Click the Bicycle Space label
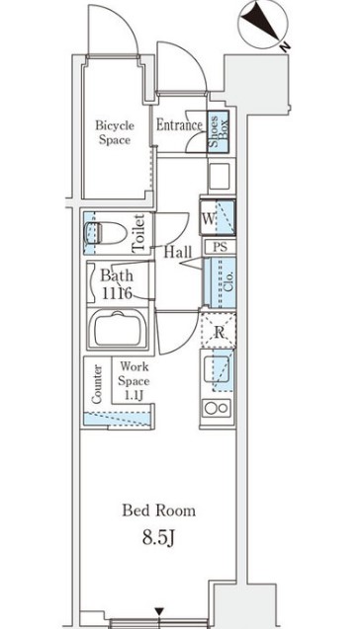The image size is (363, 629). point(115,132)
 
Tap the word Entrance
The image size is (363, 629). point(179,125)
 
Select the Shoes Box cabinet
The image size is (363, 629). point(219,131)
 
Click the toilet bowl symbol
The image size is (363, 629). point(105,233)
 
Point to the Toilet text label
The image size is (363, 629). point(138,233)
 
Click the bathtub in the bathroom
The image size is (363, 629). point(118,329)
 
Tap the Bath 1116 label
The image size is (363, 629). point(117,284)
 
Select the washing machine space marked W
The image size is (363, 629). point(218,216)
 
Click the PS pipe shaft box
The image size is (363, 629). point(220,246)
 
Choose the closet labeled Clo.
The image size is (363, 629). point(220,282)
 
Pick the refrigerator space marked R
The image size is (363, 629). point(219,331)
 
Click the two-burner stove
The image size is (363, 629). point(217,408)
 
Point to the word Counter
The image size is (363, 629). point(97,384)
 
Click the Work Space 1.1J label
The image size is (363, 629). point(134,381)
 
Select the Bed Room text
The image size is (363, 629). point(159,511)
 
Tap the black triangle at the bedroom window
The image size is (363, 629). point(160,611)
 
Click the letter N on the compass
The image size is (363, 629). point(285,47)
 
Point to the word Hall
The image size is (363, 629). point(178,252)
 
